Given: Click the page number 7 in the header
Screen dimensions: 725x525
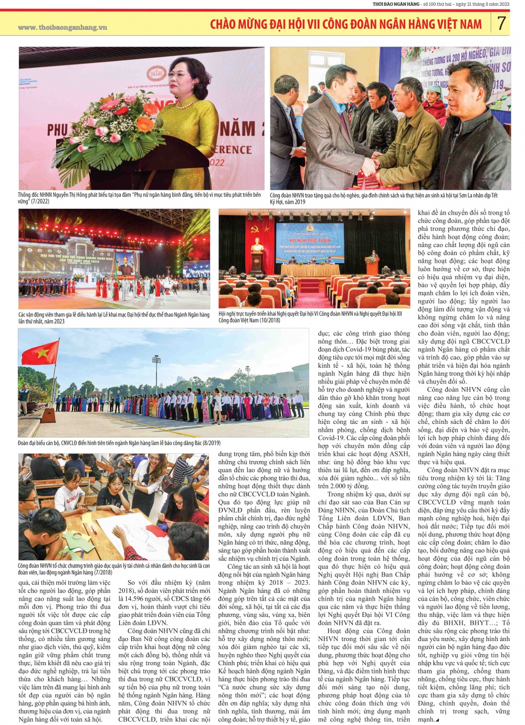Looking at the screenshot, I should pos(501,23).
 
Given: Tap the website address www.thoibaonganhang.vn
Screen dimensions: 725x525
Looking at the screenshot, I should pos(62,27).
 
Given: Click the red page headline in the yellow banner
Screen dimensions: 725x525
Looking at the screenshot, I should pos(345,24).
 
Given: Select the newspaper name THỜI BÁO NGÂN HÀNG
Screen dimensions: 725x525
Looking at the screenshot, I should pos(396,4).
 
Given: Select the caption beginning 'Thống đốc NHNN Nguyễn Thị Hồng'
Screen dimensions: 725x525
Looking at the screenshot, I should pos(139,198).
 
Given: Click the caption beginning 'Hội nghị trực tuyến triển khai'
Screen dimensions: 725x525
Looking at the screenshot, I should pos(310,317).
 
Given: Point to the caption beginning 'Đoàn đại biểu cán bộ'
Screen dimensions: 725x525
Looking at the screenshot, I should pos(119,443).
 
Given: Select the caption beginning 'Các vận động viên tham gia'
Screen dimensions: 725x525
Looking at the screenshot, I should pos(113,318).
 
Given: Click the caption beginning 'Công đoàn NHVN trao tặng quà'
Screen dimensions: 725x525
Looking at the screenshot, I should pos(383,198).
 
